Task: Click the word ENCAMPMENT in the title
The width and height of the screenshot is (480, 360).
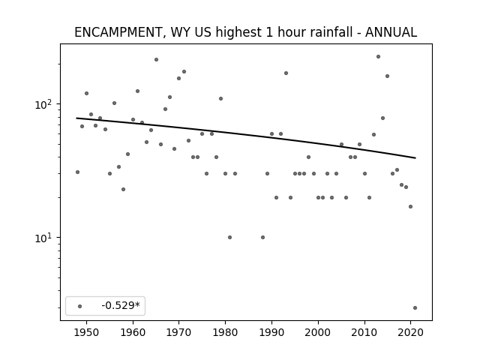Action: click(118, 32)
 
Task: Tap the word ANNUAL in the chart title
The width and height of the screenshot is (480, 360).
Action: click(391, 32)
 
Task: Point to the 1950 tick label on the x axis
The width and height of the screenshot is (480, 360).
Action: click(87, 333)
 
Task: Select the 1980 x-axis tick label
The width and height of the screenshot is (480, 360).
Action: click(225, 333)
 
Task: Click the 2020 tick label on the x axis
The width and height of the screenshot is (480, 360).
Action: click(410, 333)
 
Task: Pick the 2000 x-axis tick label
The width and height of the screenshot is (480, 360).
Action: click(318, 333)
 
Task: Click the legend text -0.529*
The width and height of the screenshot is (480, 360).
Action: click(121, 305)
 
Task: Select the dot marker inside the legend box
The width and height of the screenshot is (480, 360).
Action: click(80, 306)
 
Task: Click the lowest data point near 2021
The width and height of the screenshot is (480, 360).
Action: click(415, 308)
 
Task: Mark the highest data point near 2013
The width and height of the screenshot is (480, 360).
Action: click(378, 57)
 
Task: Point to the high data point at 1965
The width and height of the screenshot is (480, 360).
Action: click(157, 60)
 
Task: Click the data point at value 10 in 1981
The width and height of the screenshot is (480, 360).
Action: click(230, 237)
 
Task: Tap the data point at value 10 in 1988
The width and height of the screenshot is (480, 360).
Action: click(262, 237)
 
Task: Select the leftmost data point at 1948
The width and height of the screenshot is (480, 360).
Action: click(77, 172)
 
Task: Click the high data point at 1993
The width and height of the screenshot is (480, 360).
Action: click(286, 73)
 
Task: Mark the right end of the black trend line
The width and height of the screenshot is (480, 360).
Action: click(415, 158)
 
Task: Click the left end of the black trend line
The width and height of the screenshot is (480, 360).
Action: click(76, 118)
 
